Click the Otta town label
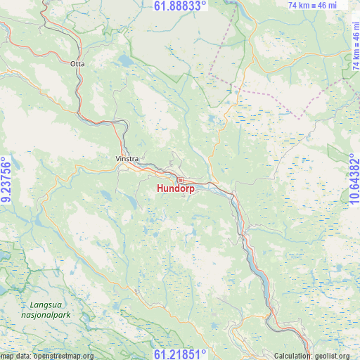coord(77,63)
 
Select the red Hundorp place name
coord(176,188)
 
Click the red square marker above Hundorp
coord(180,180)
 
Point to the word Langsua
coord(44,305)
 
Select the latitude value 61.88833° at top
coord(180,6)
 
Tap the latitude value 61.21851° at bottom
coord(180,354)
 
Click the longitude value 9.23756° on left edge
coord(6,180)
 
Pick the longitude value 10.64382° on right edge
coord(353,180)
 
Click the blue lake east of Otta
coord(127,61)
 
